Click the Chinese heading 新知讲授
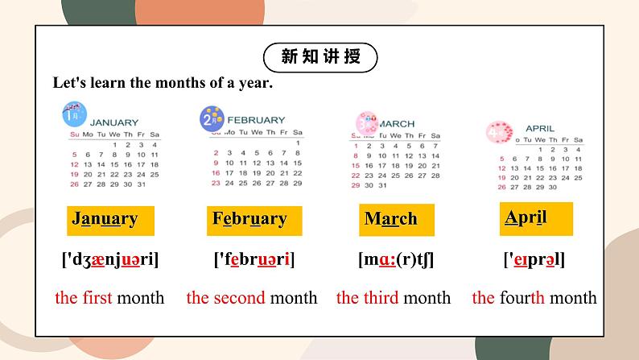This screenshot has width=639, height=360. pos(319,57)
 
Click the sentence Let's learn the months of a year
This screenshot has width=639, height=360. pos(163,82)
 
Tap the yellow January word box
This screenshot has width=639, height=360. pos(105,219)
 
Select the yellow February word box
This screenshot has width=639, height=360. pos(249,219)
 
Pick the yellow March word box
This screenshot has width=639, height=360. pos(391,219)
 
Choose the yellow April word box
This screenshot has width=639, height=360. pos(526,217)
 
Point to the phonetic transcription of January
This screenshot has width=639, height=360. pos(110,260)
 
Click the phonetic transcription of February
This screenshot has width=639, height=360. pos(254,260)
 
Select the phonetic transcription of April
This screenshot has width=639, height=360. pos(534,260)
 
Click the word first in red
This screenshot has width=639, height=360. pos(97,298)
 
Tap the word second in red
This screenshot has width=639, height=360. pos(240,298)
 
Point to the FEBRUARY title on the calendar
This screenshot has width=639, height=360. pos(255,120)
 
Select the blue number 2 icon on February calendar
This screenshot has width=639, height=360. pos(211,119)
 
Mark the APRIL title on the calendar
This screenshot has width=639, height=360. pos(539,128)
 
